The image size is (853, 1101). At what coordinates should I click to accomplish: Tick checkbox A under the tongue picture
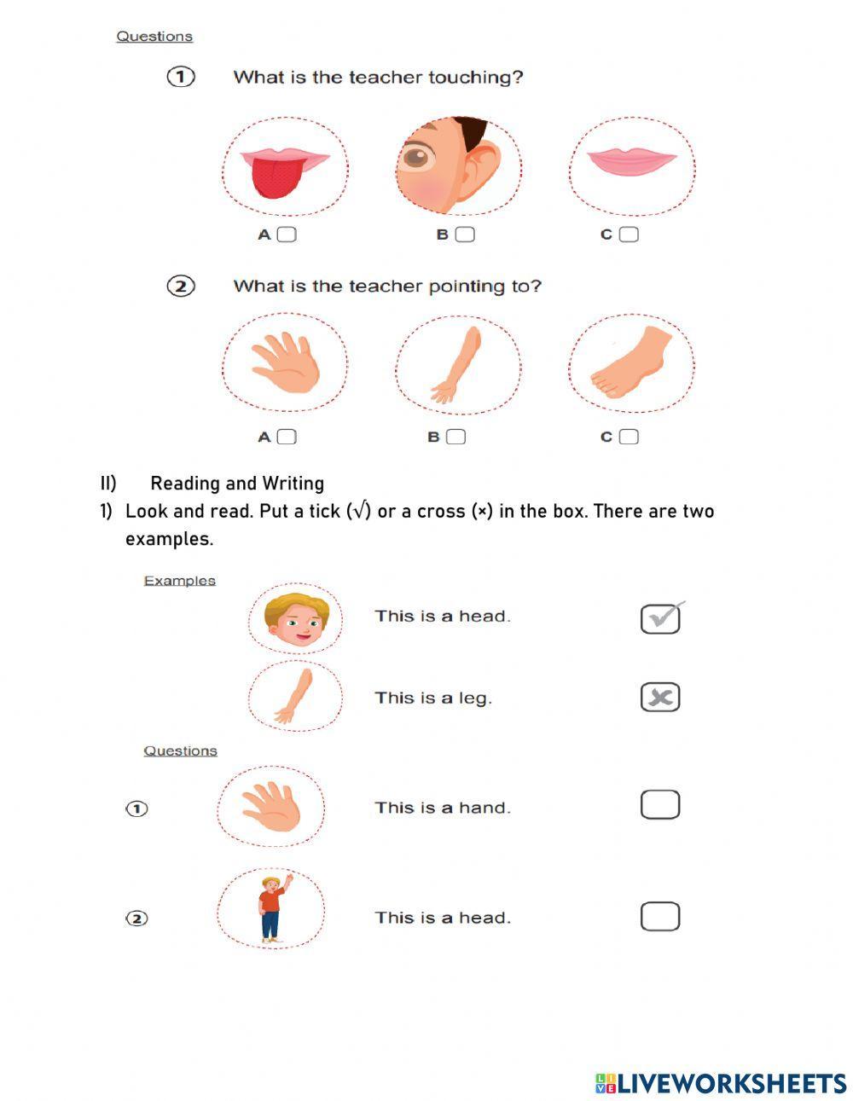[x=287, y=235]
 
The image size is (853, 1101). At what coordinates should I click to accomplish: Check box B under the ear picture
[x=465, y=235]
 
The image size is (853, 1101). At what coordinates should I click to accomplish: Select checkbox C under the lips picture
[x=629, y=235]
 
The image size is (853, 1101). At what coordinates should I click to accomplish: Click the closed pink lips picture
[x=632, y=159]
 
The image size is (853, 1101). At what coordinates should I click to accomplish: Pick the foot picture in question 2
[x=631, y=363]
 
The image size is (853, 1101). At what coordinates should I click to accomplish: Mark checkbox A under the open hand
[x=287, y=437]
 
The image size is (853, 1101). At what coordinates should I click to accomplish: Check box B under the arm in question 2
[x=456, y=437]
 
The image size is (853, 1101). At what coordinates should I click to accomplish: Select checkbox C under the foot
[x=629, y=437]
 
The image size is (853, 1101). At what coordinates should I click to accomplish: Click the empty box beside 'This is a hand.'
[x=660, y=804]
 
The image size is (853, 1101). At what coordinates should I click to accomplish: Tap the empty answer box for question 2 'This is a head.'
[x=660, y=916]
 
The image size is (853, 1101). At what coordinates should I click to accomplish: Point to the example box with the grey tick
[x=660, y=618]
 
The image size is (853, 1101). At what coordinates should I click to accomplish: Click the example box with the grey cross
[x=660, y=698]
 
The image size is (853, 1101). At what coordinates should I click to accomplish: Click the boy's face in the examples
[x=295, y=620]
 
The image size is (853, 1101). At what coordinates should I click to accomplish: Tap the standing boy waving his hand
[x=272, y=908]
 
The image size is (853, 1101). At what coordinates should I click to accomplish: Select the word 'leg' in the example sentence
[x=475, y=698]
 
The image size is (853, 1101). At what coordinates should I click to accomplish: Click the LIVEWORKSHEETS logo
[x=721, y=1083]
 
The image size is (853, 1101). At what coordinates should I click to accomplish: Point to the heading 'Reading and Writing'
[x=237, y=484]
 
